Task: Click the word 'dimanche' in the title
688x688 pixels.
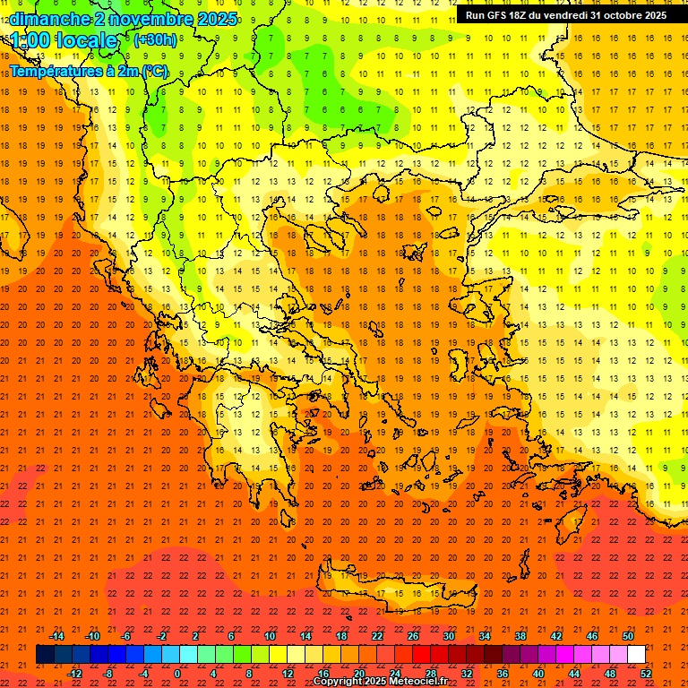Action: click(x=48, y=18)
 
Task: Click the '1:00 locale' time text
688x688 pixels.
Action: click(x=64, y=41)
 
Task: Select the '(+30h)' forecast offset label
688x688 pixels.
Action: click(x=155, y=40)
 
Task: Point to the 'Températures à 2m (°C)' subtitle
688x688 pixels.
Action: click(x=88, y=71)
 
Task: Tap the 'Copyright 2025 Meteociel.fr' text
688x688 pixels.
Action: click(x=380, y=682)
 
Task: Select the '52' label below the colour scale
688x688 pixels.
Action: click(x=646, y=674)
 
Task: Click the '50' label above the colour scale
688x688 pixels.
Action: click(x=627, y=636)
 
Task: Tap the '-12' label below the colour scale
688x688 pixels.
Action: click(x=73, y=674)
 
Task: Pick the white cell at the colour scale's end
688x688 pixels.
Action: click(x=636, y=655)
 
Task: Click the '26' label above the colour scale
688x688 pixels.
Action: click(x=413, y=636)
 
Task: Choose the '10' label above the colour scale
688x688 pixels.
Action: click(x=269, y=636)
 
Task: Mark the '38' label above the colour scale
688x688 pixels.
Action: click(x=520, y=636)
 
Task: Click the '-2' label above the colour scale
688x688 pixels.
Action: click(x=162, y=636)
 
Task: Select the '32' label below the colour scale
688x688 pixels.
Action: click(x=466, y=674)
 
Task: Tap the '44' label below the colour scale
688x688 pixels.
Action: click(x=573, y=674)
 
